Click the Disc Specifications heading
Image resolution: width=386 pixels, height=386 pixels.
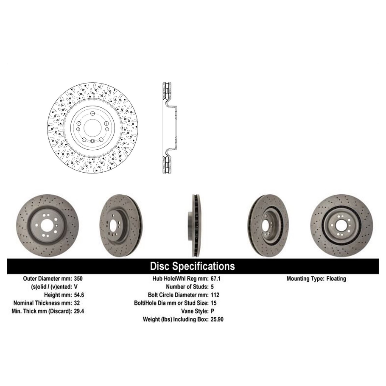pyautogui.click(x=192, y=266)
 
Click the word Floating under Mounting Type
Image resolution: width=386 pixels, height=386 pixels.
pyautogui.click(x=336, y=279)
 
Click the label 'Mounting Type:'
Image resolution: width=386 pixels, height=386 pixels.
pyautogui.click(x=305, y=279)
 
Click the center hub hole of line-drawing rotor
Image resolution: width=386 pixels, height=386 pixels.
pyautogui.click(x=92, y=127)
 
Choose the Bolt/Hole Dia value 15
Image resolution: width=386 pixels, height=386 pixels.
pyautogui.click(x=213, y=303)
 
